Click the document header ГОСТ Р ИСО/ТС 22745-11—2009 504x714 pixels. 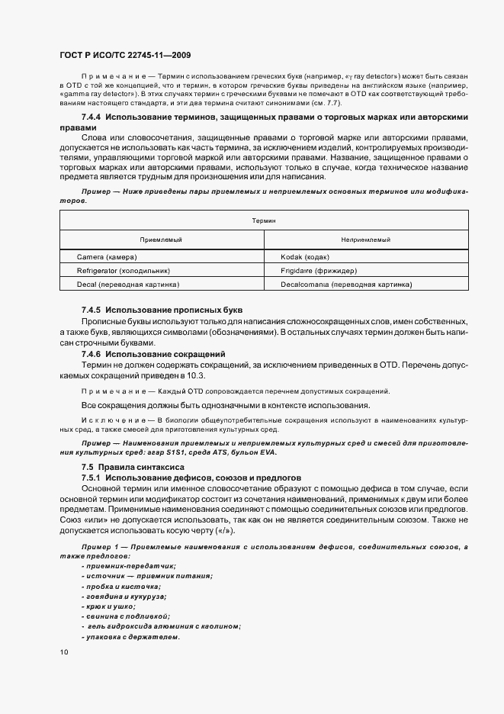tap(126, 56)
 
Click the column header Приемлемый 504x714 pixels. tap(162, 240)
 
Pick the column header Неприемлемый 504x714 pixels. tap(365, 240)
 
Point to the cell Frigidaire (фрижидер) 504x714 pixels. tap(319, 271)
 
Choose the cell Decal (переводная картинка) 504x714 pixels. tap(128, 285)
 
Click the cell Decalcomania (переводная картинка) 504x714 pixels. tap(346, 285)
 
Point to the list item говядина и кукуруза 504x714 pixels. tap(124, 596)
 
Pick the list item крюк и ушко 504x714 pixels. tap(108, 606)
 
